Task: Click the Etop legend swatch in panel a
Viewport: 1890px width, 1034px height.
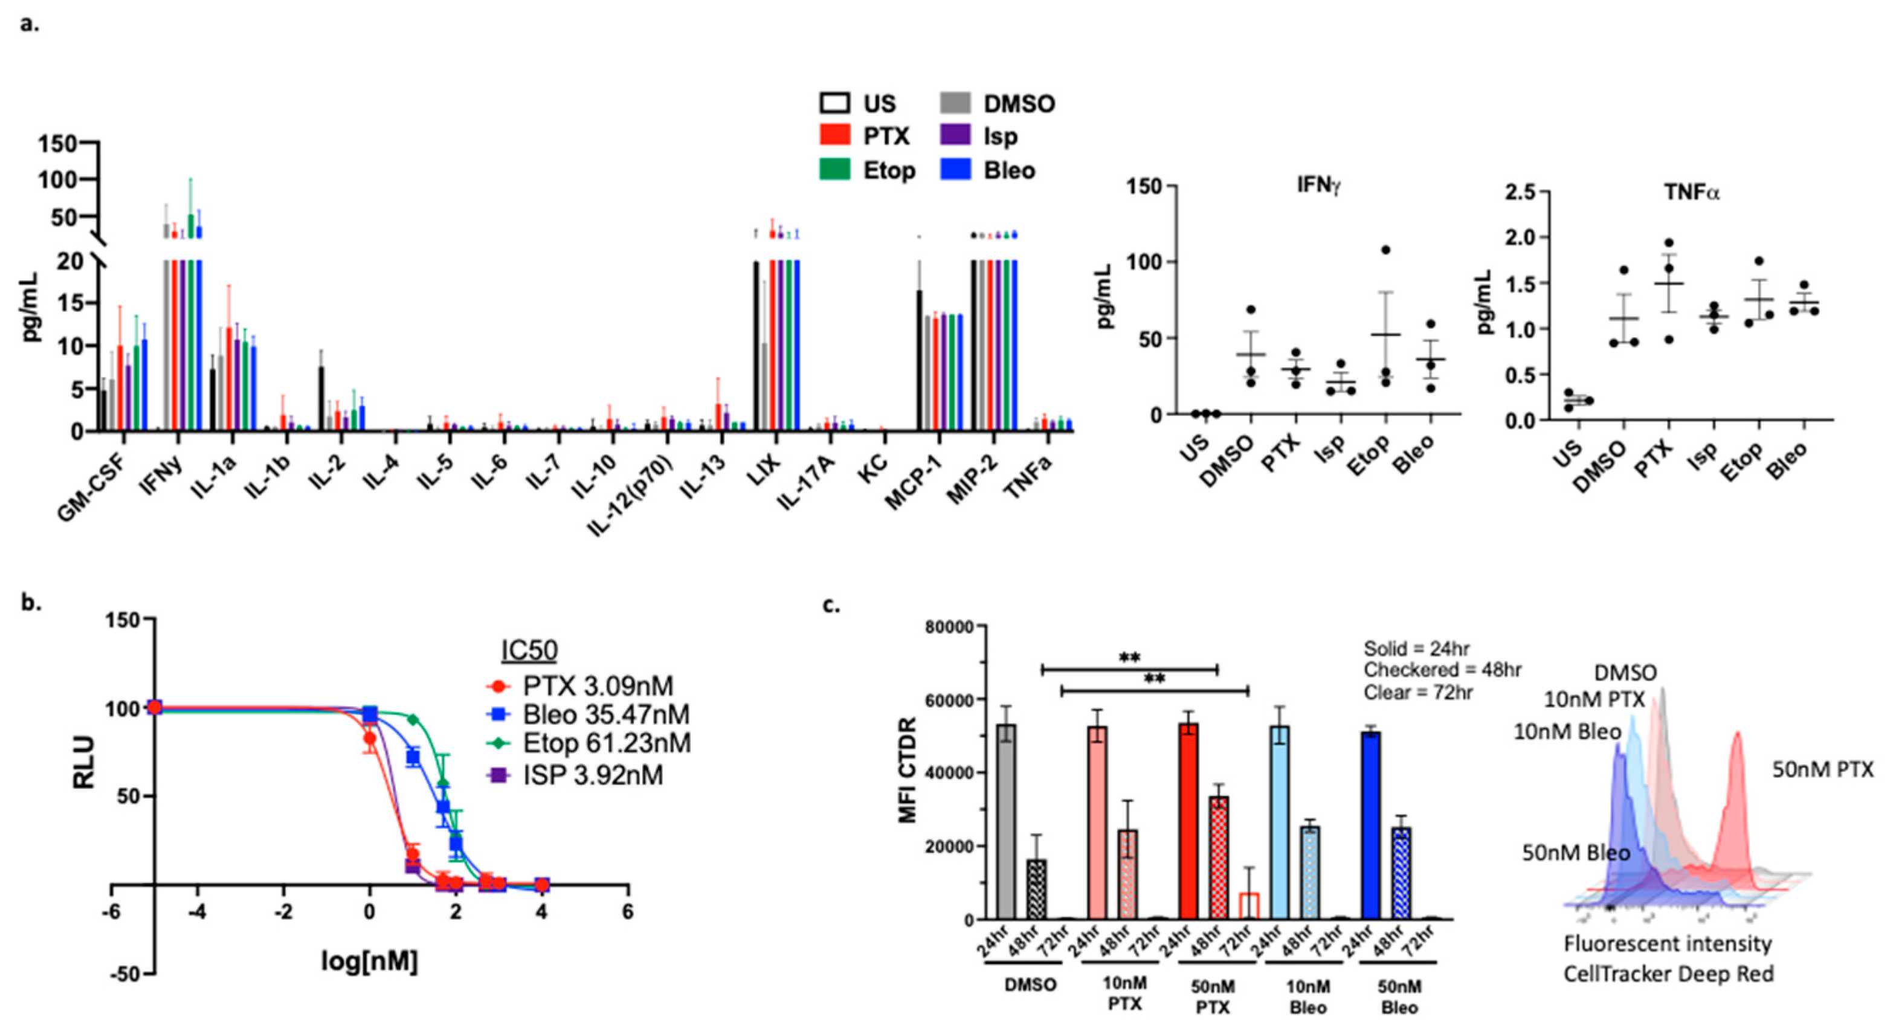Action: tap(834, 170)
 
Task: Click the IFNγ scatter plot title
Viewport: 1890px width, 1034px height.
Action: tap(1318, 185)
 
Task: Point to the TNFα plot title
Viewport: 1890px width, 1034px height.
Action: tap(1691, 193)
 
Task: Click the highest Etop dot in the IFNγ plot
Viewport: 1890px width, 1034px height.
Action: tap(1386, 250)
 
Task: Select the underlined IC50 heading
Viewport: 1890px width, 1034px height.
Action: tap(529, 650)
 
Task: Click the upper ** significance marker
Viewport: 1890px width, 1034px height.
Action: tap(1129, 658)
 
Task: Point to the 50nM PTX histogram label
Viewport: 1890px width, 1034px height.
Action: tap(1822, 770)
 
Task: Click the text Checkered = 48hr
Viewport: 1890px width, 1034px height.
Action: tap(1442, 670)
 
